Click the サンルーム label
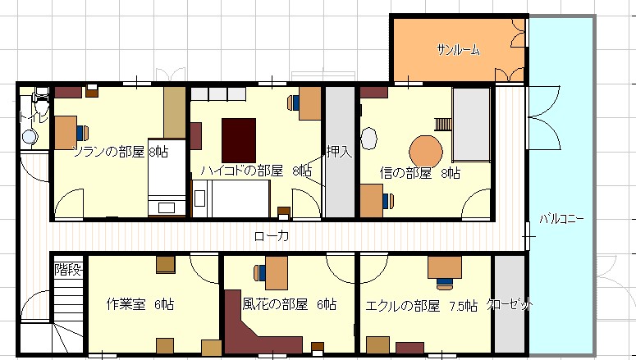pyautogui.click(x=459, y=50)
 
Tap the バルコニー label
pyautogui.click(x=562, y=219)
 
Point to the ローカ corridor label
pyautogui.click(x=272, y=236)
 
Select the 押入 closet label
pyautogui.click(x=339, y=152)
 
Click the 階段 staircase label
pyautogui.click(x=68, y=270)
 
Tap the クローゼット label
pyautogui.click(x=510, y=304)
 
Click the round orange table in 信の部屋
pyautogui.click(x=425, y=152)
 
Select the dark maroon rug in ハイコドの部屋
pyautogui.click(x=239, y=140)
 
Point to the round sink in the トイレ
pyautogui.click(x=30, y=137)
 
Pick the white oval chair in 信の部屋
pyautogui.click(x=368, y=138)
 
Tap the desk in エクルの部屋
pyautogui.click(x=445, y=267)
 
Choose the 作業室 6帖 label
pyautogui.click(x=140, y=304)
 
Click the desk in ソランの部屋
pyautogui.click(x=66, y=133)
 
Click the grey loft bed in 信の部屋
pyautogui.click(x=471, y=125)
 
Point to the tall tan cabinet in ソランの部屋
pyautogui.click(x=175, y=112)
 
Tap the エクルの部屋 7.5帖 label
pyautogui.click(x=421, y=306)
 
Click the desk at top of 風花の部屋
pyautogui.click(x=277, y=272)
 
